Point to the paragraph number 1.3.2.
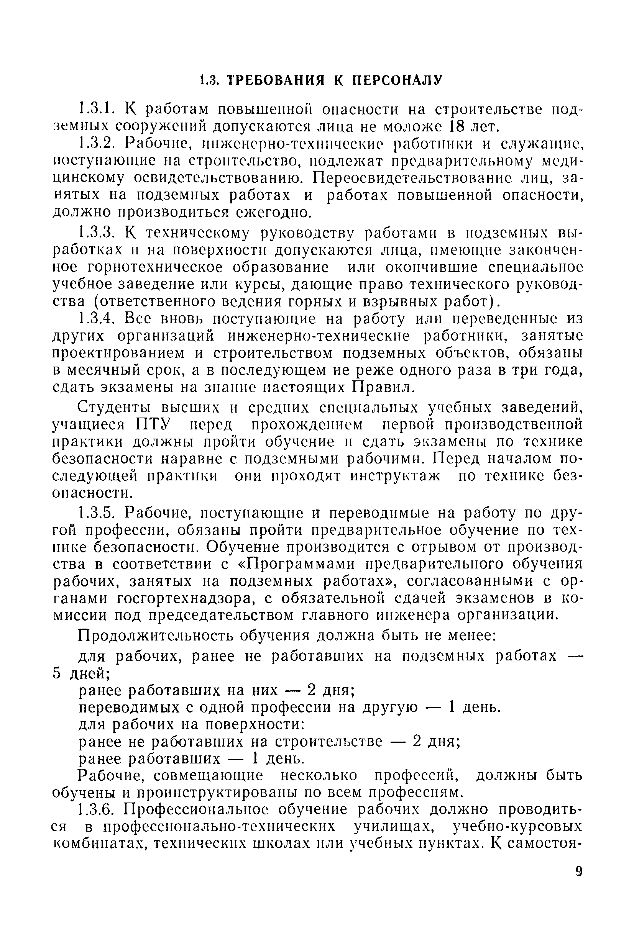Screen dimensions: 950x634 coord(97,143)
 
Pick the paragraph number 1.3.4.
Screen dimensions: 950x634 coord(97,319)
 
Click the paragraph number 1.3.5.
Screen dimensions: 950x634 coord(97,513)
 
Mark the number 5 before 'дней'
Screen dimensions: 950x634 coord(57,673)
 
